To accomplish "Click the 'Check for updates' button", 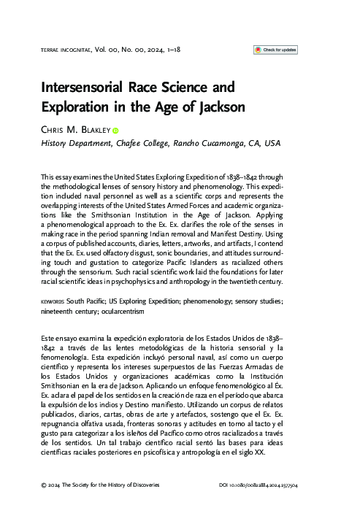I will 275,50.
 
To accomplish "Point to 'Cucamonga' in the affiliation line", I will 208,144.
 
